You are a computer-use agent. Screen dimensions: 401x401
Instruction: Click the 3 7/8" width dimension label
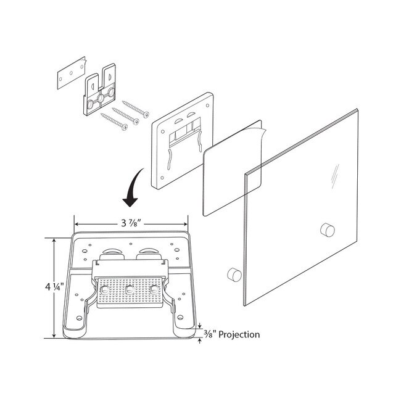point(131,223)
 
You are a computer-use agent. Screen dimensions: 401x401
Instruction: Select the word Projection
point(239,334)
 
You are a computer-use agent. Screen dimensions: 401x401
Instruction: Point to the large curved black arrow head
point(130,202)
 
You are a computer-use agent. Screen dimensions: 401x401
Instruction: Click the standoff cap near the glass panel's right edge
point(328,229)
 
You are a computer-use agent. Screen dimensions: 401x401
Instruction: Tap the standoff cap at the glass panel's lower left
point(234,275)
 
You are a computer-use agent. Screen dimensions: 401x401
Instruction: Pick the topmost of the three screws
point(136,109)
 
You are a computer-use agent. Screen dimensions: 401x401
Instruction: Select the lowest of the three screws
point(114,122)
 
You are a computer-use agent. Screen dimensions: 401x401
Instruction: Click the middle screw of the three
point(125,116)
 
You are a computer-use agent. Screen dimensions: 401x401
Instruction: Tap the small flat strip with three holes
point(71,73)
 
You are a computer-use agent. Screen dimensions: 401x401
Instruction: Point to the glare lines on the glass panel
point(335,176)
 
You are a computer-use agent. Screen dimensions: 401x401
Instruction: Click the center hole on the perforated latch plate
point(130,289)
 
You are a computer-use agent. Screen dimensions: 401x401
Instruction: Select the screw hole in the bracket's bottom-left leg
point(80,318)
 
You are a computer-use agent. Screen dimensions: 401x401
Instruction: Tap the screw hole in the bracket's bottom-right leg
point(180,318)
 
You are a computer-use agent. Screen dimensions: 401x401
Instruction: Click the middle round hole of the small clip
point(101,98)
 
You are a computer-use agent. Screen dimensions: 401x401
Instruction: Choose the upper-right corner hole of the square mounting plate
point(207,105)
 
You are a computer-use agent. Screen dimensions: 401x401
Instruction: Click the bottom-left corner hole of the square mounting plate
point(162,178)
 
